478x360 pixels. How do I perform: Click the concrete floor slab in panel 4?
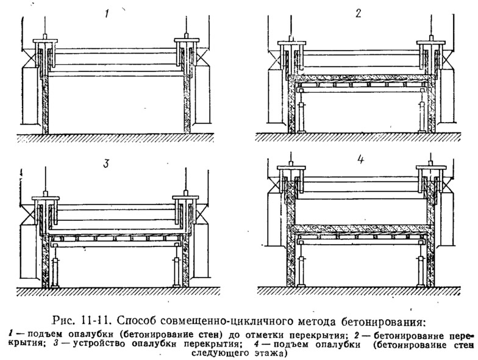coord(360,230)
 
